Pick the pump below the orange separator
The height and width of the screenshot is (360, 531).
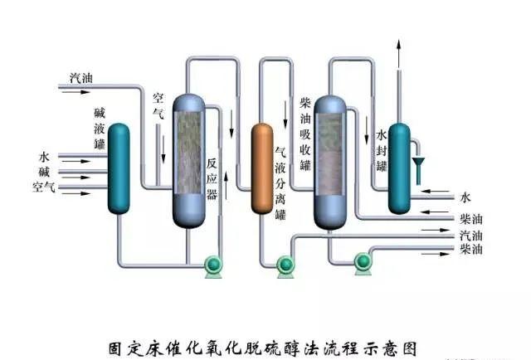285,265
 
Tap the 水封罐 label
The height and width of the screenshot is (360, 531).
382,150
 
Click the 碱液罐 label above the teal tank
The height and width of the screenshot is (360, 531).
100,129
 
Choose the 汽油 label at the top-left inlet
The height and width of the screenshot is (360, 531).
80,78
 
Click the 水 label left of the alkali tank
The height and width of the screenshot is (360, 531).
44,156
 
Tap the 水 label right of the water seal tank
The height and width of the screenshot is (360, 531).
465,197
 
